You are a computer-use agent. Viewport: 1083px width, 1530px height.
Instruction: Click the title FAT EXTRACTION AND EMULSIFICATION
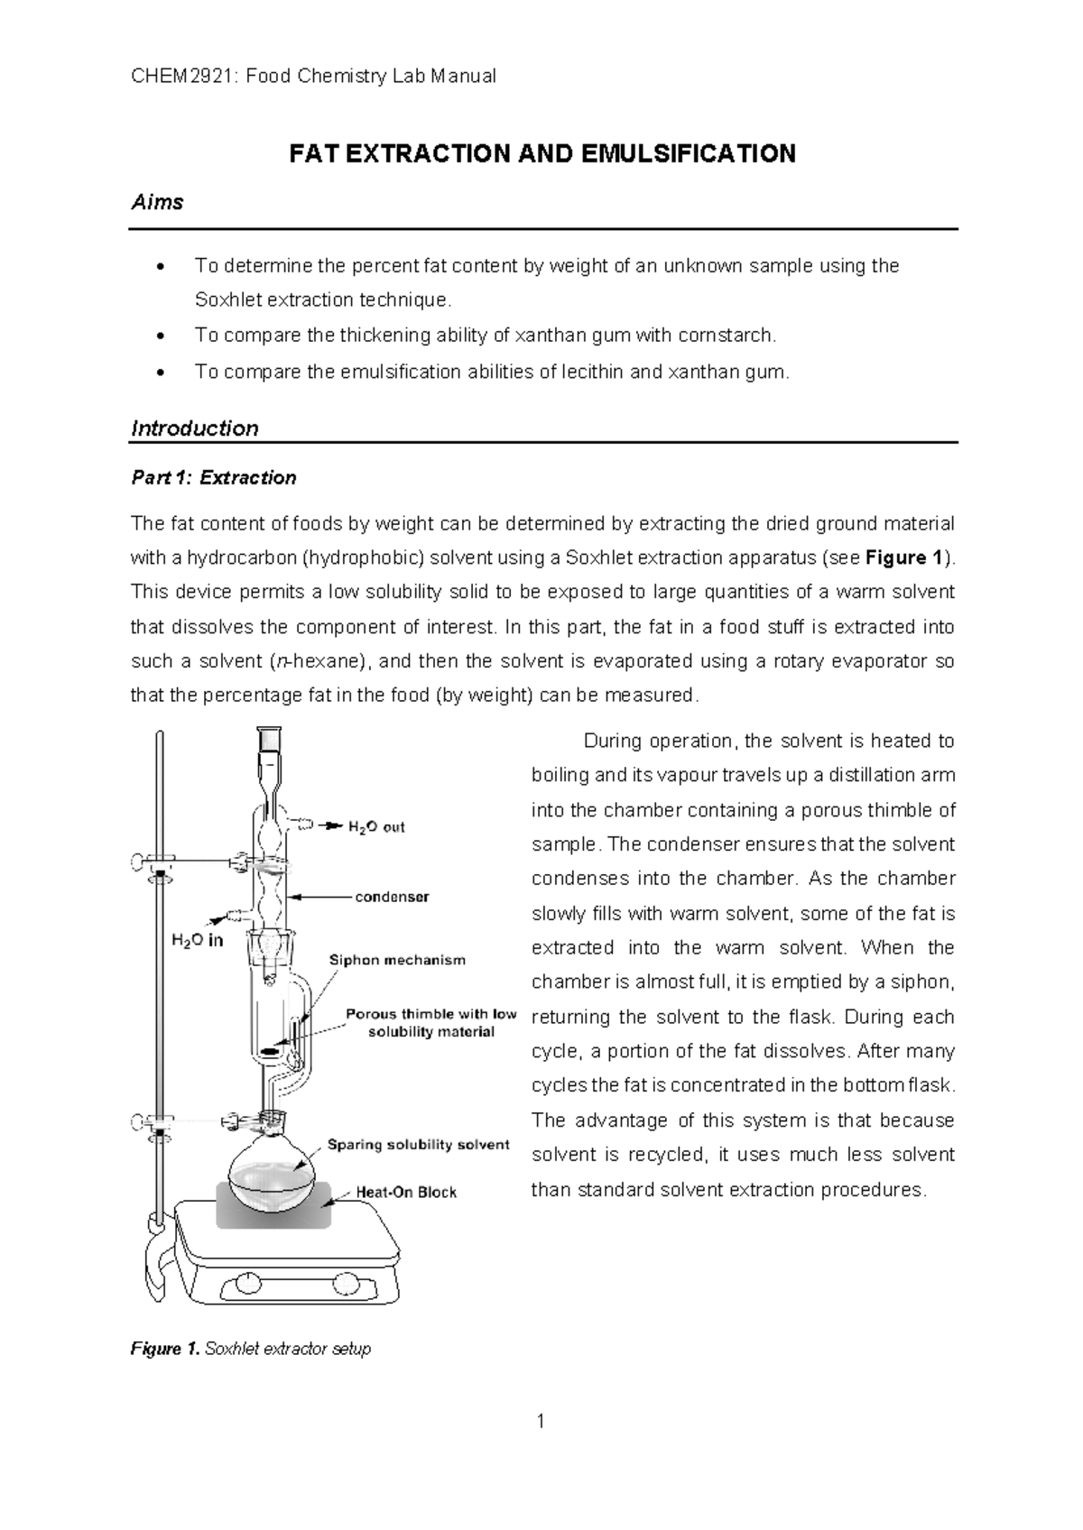coord(541,153)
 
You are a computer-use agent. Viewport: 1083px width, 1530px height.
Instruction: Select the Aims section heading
coord(157,202)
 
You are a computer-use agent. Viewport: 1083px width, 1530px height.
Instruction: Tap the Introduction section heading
coord(195,429)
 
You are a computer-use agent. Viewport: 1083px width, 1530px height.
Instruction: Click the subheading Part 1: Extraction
coord(214,478)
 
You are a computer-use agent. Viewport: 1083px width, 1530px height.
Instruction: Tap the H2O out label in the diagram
coord(376,827)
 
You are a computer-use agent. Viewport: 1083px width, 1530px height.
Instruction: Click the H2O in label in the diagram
coord(197,940)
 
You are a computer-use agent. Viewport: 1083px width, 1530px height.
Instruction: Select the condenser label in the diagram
coord(392,897)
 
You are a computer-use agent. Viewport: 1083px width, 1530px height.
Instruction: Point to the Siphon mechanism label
coord(397,960)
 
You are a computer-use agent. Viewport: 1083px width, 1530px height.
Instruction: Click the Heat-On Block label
coord(406,1192)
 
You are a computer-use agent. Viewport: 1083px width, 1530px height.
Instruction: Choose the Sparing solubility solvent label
coord(418,1145)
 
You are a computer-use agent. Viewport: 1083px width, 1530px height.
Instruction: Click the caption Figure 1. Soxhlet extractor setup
coord(251,1350)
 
